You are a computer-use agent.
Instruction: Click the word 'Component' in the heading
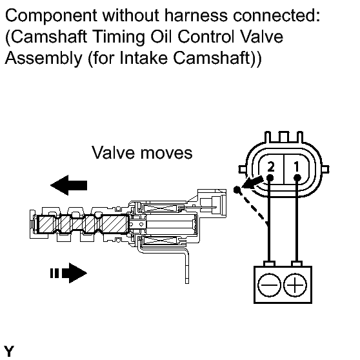point(51,16)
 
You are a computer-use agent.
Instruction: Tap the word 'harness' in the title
point(196,15)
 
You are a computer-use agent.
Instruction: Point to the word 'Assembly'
point(43,58)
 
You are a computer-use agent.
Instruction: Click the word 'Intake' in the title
point(144,57)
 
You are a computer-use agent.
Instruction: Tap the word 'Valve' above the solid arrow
point(113,152)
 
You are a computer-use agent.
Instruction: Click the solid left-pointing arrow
point(68,185)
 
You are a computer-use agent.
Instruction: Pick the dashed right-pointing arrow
point(68,273)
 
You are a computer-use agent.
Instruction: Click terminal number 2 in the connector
point(271,166)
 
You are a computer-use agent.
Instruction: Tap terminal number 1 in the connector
point(297,166)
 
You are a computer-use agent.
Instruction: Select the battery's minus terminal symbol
point(270,285)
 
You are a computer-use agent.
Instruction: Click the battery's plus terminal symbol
point(295,285)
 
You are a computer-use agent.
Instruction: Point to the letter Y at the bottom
point(9,351)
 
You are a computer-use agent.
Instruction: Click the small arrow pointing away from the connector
point(252,183)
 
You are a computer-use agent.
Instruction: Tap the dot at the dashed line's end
point(237,190)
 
